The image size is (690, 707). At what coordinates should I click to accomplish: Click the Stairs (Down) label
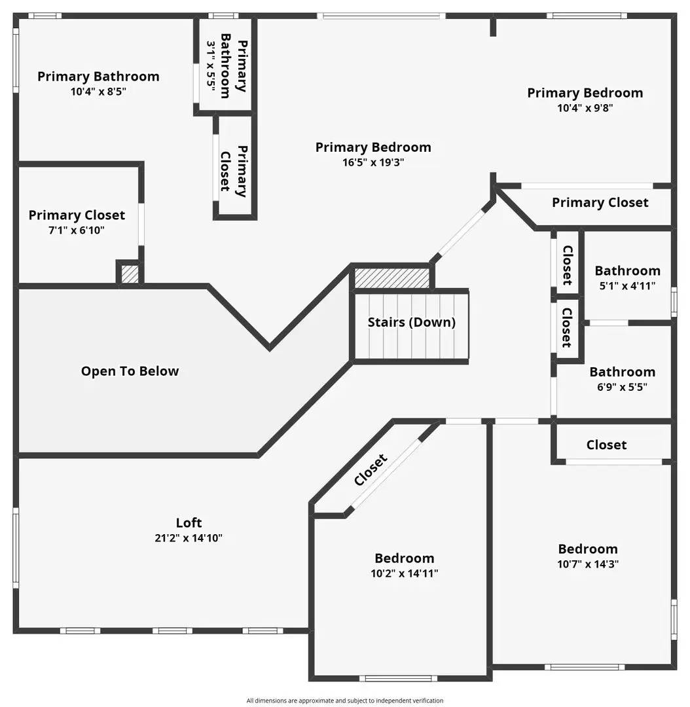(x=411, y=322)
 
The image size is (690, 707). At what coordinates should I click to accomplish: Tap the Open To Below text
(x=130, y=371)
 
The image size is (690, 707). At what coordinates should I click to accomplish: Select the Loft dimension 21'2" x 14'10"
(x=189, y=538)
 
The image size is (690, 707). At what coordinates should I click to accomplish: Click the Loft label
(x=189, y=522)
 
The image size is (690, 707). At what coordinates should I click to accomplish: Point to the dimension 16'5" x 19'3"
(x=373, y=162)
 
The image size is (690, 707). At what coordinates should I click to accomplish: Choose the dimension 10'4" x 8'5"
(x=98, y=92)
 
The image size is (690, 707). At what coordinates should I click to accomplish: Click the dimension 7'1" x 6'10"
(x=77, y=230)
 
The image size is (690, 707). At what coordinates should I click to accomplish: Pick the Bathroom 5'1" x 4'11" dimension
(x=627, y=286)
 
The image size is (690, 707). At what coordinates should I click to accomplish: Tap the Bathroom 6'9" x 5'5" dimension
(x=622, y=387)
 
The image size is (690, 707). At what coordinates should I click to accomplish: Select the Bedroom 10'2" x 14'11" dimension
(x=404, y=573)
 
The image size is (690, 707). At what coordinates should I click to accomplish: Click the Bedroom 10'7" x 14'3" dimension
(x=588, y=564)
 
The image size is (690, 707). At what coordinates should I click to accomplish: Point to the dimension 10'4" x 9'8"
(x=585, y=108)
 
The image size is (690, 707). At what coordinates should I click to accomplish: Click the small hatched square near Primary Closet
(x=130, y=274)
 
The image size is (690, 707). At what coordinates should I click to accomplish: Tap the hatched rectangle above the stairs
(x=392, y=278)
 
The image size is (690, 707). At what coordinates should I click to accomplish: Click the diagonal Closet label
(x=371, y=470)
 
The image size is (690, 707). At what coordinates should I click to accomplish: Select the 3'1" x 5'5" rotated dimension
(x=211, y=65)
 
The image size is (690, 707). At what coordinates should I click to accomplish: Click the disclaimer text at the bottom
(x=344, y=700)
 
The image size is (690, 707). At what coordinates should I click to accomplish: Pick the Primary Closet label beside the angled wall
(x=600, y=202)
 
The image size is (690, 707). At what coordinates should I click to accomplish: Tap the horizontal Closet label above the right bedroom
(x=606, y=444)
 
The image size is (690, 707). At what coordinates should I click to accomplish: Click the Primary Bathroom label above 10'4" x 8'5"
(x=98, y=76)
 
